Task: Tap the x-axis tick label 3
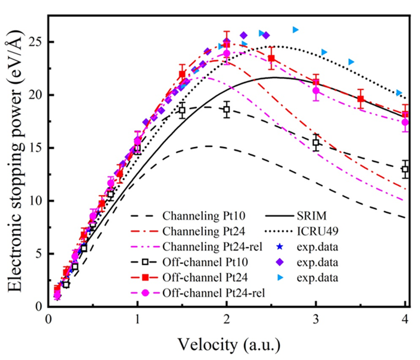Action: [x=316, y=320]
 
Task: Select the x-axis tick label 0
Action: [x=48, y=320]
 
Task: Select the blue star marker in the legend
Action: [x=278, y=246]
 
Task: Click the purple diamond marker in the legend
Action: [x=278, y=262]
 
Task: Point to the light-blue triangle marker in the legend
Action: [x=278, y=278]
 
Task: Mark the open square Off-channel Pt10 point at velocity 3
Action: [x=316, y=143]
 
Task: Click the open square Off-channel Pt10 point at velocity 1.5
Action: [x=182, y=110]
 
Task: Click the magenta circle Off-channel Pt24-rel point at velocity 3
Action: [x=316, y=91]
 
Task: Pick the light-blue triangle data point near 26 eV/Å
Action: [x=295, y=30]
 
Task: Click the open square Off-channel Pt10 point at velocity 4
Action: [x=405, y=170]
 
